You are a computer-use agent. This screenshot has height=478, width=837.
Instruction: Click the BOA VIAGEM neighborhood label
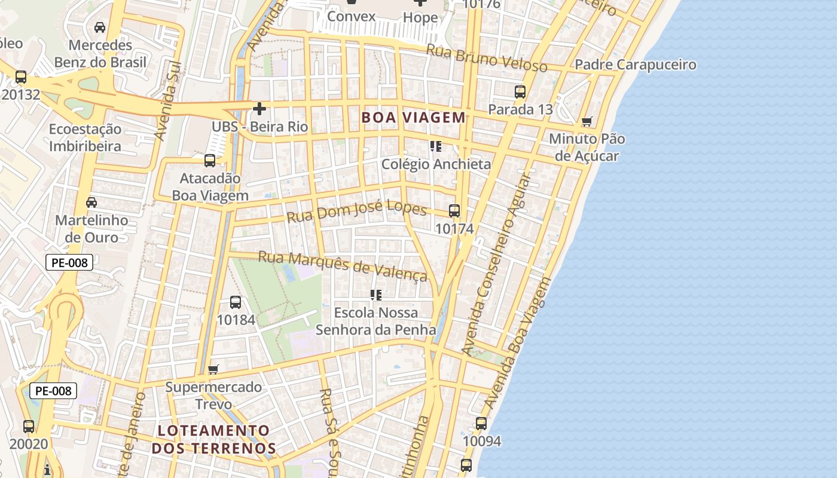413,118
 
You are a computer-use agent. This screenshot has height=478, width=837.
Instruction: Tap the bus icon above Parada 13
520,92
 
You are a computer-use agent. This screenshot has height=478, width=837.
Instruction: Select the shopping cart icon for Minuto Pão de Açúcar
587,122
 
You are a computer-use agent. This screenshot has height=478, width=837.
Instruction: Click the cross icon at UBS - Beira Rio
259,109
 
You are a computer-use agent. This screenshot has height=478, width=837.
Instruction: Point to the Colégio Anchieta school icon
436,146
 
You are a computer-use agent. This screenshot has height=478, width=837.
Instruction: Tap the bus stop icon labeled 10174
454,211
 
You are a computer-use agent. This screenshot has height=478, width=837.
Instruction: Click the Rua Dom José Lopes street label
357,213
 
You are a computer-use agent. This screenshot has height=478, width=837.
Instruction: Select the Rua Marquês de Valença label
343,266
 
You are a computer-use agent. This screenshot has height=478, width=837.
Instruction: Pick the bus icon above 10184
236,302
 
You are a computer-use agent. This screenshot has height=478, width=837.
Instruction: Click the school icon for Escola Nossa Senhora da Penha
376,295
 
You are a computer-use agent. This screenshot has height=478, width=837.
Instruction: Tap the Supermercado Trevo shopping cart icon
213,369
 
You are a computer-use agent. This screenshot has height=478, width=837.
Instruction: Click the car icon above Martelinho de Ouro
91,203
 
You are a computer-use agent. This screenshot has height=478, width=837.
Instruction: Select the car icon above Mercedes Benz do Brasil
100,27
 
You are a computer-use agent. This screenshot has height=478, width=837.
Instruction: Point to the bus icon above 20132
21,77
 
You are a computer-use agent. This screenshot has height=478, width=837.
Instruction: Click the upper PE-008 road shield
69,262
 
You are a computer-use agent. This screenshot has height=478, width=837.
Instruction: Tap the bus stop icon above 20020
29,427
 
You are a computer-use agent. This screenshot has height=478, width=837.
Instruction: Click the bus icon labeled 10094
481,424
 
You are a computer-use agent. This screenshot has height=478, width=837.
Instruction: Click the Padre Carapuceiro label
636,65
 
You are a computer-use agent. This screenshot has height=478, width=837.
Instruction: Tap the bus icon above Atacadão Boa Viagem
210,161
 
